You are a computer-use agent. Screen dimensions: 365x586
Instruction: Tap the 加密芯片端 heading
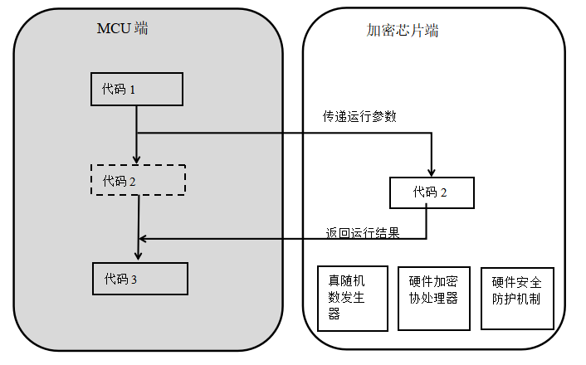tap(403, 31)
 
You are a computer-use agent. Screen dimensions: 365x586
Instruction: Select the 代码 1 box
tap(136, 90)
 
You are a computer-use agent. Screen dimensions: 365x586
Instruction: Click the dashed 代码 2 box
tap(137, 180)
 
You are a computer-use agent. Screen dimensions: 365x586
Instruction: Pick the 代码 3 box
tap(139, 279)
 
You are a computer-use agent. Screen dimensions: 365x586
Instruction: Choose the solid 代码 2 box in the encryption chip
tap(432, 192)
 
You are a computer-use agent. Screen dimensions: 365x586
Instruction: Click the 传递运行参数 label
tap(359, 117)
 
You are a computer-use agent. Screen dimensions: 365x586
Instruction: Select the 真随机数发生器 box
tap(353, 298)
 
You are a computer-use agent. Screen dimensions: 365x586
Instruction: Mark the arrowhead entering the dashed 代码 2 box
tap(136, 159)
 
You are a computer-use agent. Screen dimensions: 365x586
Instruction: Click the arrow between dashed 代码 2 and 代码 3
tap(138, 224)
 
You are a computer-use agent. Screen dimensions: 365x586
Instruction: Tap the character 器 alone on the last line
tap(334, 314)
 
